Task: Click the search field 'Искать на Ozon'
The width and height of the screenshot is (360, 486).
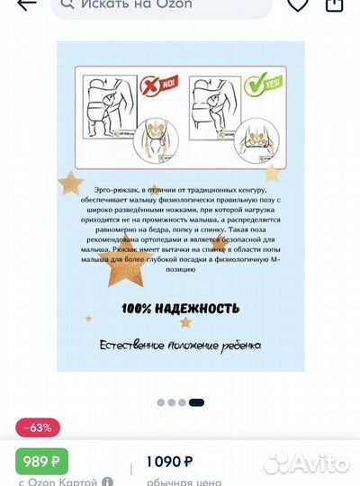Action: point(162,5)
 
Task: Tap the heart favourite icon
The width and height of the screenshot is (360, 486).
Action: point(298,4)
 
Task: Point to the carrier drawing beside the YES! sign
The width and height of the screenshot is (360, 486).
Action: point(216,109)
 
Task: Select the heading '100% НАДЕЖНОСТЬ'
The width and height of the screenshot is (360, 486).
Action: point(180,309)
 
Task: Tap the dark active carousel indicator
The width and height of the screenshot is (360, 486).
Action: point(196,402)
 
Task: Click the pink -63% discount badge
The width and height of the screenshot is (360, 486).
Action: point(39,427)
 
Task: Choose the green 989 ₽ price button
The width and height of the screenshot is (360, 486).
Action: point(42,462)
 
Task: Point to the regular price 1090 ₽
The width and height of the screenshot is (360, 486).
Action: point(169,462)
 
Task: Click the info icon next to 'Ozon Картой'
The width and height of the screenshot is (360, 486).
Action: point(108,481)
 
